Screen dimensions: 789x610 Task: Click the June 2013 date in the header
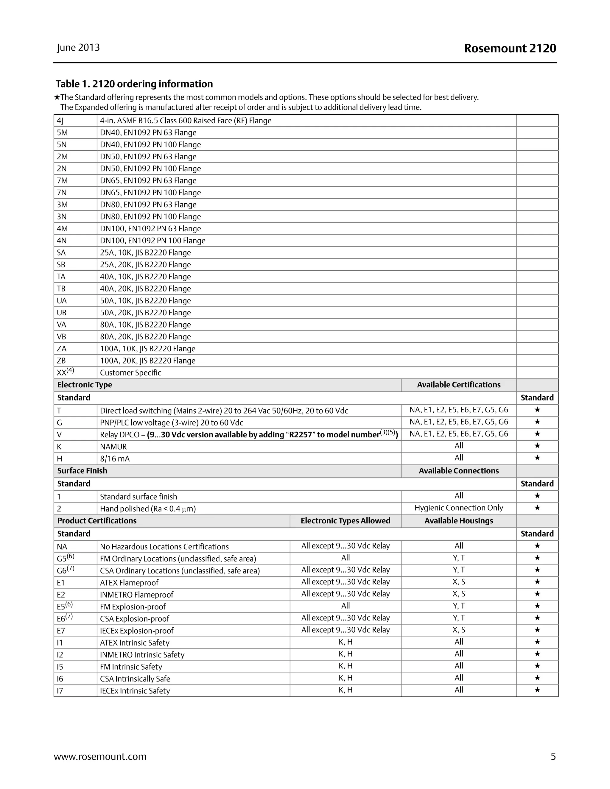point(78,48)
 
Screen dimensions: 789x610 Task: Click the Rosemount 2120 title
point(510,49)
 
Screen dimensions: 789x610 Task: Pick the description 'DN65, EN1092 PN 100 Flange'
point(150,193)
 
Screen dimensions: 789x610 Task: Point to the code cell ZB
point(61,361)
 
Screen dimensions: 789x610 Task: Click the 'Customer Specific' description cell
point(130,372)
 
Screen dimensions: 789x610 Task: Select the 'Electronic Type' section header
point(85,385)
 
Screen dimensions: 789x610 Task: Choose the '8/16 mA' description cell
point(115,459)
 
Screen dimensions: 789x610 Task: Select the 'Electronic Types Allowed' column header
point(345,520)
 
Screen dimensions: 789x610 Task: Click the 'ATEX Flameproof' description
point(129,582)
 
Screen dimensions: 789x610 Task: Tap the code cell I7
point(60,690)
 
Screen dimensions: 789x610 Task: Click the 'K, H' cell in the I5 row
point(345,665)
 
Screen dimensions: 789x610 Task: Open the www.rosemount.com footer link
point(100,756)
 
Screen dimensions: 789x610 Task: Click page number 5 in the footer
point(553,756)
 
